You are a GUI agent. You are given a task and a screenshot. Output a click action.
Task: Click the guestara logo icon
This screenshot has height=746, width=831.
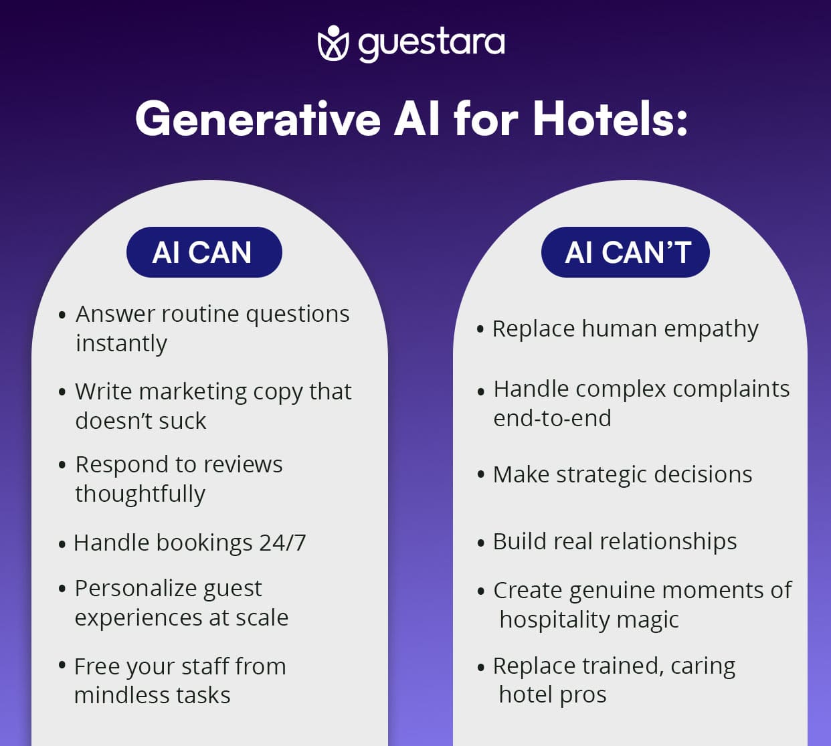coord(333,43)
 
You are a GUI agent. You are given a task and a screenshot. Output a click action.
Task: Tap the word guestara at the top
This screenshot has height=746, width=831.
coord(431,43)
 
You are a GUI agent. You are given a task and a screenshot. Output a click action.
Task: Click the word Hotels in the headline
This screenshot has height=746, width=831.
coord(610,120)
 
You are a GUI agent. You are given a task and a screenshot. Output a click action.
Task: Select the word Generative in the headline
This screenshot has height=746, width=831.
coord(258,120)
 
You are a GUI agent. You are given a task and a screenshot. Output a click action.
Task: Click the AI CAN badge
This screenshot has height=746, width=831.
coord(203,252)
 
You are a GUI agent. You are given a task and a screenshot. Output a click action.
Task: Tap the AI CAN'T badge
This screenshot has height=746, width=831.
coord(626,252)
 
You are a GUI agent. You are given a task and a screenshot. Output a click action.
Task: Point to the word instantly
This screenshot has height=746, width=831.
coord(121,343)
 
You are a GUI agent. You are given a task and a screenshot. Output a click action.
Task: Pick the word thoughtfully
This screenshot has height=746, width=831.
coord(140,494)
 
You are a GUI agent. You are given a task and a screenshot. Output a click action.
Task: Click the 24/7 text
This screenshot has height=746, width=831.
coord(282,543)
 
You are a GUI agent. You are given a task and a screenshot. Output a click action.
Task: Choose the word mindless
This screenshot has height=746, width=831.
coord(118,695)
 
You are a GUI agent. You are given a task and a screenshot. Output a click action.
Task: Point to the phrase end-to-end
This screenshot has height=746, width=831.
coord(552,418)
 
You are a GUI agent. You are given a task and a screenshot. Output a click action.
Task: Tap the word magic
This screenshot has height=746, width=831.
coord(648,620)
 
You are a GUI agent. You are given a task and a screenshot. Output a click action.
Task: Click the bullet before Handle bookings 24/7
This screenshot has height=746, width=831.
coord(62,544)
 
